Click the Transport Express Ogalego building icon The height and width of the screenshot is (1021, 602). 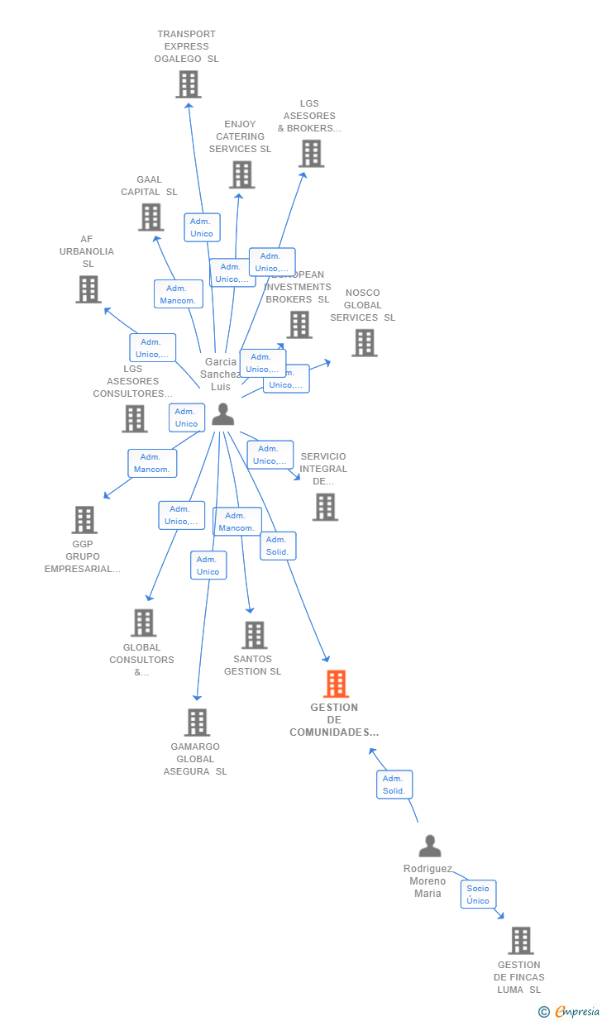pos(189,84)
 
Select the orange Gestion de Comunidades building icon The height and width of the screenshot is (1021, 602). pos(336,684)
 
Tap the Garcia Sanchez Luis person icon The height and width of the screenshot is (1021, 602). pos(222,414)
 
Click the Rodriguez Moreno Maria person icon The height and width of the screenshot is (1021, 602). pos(430,846)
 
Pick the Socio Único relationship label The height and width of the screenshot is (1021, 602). pos(478,895)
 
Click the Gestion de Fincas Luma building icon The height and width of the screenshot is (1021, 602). pos(520,941)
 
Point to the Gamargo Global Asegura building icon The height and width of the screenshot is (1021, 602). pos(197,723)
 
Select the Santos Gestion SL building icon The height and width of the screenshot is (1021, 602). pos(254,635)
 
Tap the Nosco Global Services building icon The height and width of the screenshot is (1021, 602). pos(364,342)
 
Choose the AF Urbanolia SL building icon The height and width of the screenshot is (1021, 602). pos(88,289)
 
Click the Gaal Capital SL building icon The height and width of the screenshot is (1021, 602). pos(150,217)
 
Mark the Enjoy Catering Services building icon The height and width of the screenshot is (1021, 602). pos(241,174)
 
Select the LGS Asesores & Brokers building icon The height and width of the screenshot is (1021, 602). pos(311,154)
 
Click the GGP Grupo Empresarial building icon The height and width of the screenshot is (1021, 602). pos(84,520)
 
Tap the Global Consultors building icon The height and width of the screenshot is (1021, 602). pos(143,623)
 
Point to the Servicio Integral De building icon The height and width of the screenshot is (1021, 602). pos(325,507)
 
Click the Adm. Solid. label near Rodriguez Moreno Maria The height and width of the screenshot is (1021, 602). pos(394,785)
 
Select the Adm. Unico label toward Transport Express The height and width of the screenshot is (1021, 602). pos(202,227)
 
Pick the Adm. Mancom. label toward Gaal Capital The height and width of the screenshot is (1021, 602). pos(178,294)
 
